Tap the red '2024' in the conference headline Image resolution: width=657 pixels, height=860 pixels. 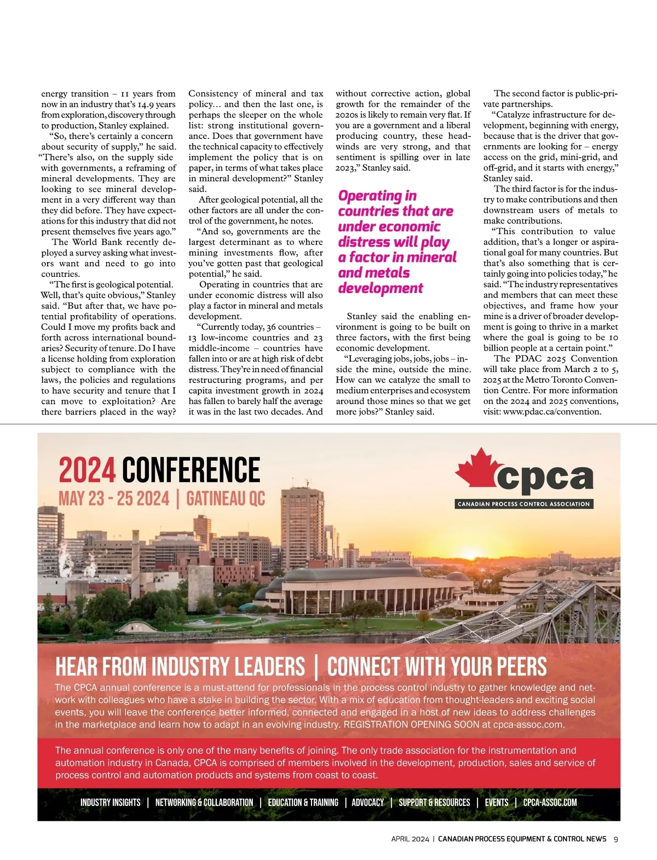[x=87, y=470]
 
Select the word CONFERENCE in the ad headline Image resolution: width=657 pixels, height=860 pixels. [x=191, y=470]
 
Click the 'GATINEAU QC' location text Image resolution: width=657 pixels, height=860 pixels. [x=226, y=499]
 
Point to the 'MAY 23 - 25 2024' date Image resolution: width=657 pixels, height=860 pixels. [x=114, y=499]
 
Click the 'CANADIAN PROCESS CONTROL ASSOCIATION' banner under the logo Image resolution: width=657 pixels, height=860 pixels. [x=524, y=504]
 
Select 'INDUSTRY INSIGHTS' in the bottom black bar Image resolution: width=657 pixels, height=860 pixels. [x=110, y=803]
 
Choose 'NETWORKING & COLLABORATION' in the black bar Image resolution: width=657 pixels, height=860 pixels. [x=204, y=803]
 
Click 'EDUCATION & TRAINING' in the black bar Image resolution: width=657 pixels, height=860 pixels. [x=303, y=803]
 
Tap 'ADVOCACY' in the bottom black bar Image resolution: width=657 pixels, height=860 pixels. [x=367, y=803]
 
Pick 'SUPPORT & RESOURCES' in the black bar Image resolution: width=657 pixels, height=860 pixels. [x=434, y=803]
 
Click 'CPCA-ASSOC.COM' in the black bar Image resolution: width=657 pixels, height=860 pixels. [x=550, y=803]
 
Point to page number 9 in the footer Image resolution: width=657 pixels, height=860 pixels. [x=615, y=839]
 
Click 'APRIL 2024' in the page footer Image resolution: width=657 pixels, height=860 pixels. [x=410, y=839]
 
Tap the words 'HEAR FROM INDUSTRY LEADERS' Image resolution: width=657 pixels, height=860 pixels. [x=180, y=666]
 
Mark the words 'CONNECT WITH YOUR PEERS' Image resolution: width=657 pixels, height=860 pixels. [x=437, y=666]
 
